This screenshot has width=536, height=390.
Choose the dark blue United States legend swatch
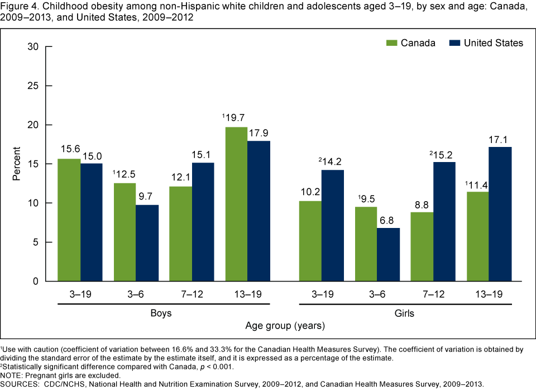pos(456,43)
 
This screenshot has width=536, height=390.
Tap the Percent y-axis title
pos(16,164)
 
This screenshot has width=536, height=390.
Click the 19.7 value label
pos(235,118)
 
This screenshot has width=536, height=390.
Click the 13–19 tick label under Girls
pos(489,292)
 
